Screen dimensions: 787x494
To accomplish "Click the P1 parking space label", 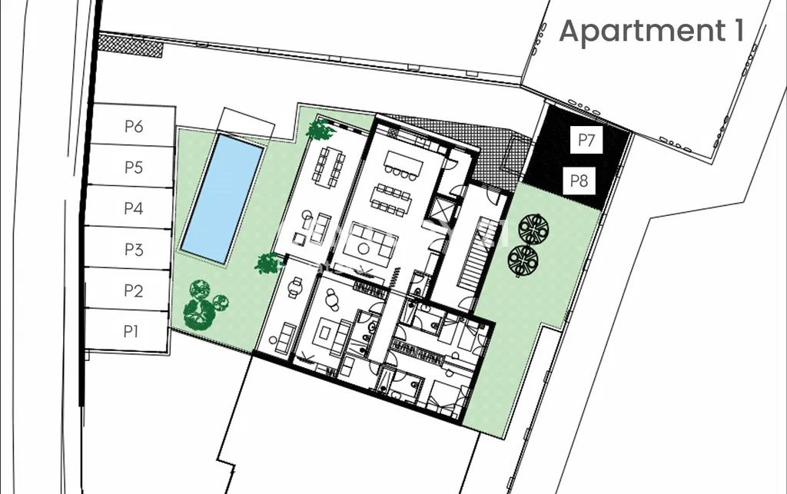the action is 131,331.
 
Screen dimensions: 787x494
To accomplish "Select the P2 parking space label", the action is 134,290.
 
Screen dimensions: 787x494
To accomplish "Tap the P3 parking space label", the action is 134,249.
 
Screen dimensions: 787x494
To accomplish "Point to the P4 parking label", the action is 134,208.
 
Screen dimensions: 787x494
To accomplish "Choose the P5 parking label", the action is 134,167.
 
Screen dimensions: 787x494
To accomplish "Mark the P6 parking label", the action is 134,127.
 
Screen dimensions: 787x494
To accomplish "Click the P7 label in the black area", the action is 586,139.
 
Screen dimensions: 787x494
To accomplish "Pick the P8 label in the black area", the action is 579,181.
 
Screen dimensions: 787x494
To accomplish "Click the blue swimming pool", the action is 222,198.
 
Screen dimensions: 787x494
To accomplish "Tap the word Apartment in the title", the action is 642,31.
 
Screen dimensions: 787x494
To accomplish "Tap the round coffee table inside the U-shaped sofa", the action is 364,248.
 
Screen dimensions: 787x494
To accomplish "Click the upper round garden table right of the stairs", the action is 533,229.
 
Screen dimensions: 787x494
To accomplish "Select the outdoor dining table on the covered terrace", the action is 329,167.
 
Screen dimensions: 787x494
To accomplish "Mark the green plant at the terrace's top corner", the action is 320,129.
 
